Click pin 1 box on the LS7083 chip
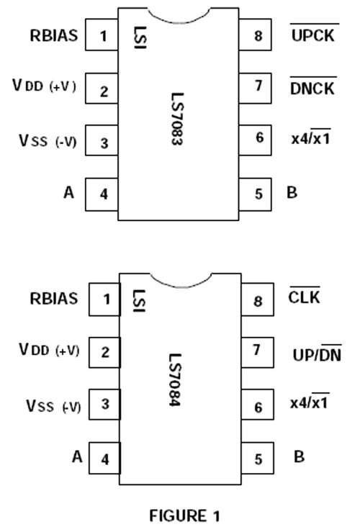pyautogui.click(x=102, y=35)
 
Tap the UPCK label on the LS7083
pyautogui.click(x=313, y=35)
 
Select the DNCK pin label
pyautogui.click(x=312, y=89)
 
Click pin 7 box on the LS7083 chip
pyautogui.click(x=255, y=88)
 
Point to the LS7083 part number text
pyautogui.click(x=177, y=119)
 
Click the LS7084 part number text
pyautogui.click(x=175, y=380)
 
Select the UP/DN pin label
pyautogui.click(x=317, y=355)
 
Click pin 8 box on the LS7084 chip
pyautogui.click(x=258, y=299)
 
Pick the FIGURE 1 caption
pyautogui.click(x=184, y=515)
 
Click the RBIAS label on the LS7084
pyautogui.click(x=54, y=299)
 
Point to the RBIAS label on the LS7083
pyautogui.click(x=54, y=35)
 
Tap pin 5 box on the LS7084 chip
pyautogui.click(x=258, y=458)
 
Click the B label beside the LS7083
pyautogui.click(x=292, y=192)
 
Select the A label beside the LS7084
pyautogui.click(x=77, y=456)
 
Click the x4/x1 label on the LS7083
pyautogui.click(x=310, y=138)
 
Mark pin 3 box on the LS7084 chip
pyautogui.click(x=104, y=405)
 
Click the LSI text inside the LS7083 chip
pyautogui.click(x=140, y=37)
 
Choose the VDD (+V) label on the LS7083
pyautogui.click(x=44, y=86)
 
